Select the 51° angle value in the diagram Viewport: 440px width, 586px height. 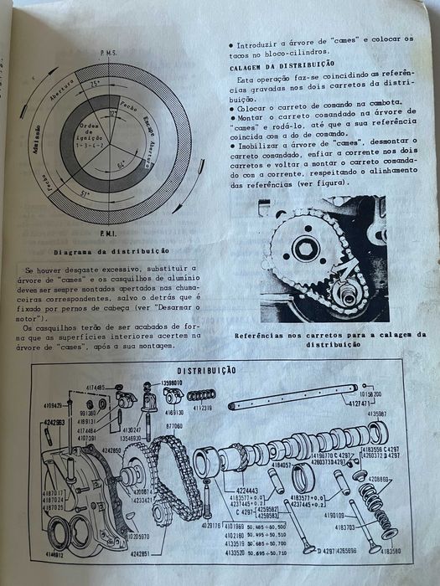tap(85, 194)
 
